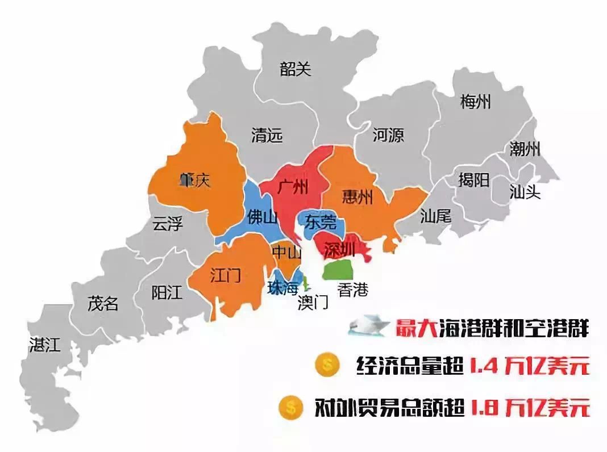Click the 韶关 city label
pyautogui.click(x=296, y=69)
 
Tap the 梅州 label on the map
pyautogui.click(x=475, y=102)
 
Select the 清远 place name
pyautogui.click(x=267, y=136)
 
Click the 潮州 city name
pyautogui.click(x=525, y=150)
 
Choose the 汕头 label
pyautogui.click(x=525, y=192)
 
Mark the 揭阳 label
pyautogui.click(x=473, y=181)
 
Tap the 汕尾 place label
pyautogui.click(x=435, y=216)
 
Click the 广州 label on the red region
pyautogui.click(x=293, y=187)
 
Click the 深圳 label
pyautogui.click(x=339, y=249)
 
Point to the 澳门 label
pyautogui.click(x=313, y=303)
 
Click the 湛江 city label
pyautogui.click(x=44, y=345)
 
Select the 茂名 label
pyautogui.click(x=103, y=304)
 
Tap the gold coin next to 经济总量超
pyautogui.click(x=326, y=365)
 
